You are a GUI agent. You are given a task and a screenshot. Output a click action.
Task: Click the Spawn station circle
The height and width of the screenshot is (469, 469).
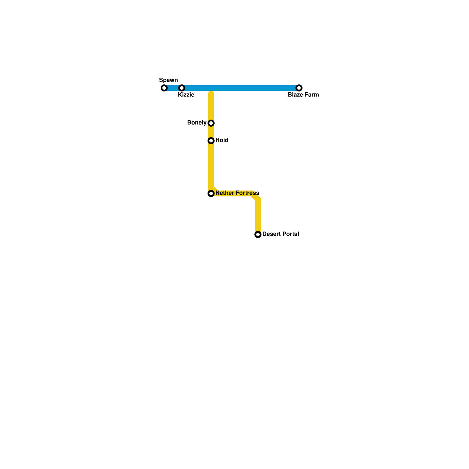pyautogui.click(x=164, y=88)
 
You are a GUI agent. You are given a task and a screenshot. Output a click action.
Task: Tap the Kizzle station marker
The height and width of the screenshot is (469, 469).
pyautogui.click(x=182, y=88)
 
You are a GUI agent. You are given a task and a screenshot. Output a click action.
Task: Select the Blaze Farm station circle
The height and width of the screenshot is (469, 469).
pyautogui.click(x=299, y=88)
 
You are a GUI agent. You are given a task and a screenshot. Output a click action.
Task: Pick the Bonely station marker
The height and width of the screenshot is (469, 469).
pyautogui.click(x=211, y=123)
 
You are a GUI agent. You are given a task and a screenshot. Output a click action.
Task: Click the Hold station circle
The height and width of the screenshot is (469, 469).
pyautogui.click(x=211, y=141)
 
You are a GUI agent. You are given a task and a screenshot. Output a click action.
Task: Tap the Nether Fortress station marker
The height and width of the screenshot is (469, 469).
pyautogui.click(x=211, y=193)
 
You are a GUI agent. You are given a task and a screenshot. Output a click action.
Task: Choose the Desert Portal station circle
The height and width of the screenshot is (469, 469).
pyautogui.click(x=258, y=235)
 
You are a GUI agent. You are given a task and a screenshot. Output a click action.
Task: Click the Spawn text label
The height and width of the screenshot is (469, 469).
pyautogui.click(x=168, y=80)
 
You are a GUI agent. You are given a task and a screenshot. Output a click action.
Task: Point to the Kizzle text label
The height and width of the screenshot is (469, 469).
pyautogui.click(x=186, y=95)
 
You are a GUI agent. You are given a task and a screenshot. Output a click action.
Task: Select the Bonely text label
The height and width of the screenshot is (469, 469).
pyautogui.click(x=197, y=123)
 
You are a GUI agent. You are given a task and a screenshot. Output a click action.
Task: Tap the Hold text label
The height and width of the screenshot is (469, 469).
pyautogui.click(x=222, y=140)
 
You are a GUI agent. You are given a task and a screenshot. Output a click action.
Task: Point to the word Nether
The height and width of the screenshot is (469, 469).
pyautogui.click(x=224, y=193)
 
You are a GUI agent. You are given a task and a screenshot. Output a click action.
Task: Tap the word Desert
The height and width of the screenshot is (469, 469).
pyautogui.click(x=271, y=234)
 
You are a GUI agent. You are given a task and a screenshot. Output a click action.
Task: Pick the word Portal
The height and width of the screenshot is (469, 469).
pyautogui.click(x=290, y=234)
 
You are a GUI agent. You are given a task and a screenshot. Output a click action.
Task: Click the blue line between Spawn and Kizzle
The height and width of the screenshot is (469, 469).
pyautogui.click(x=173, y=88)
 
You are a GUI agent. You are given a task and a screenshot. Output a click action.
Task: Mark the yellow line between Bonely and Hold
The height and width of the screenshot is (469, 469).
pyautogui.click(x=211, y=132)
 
